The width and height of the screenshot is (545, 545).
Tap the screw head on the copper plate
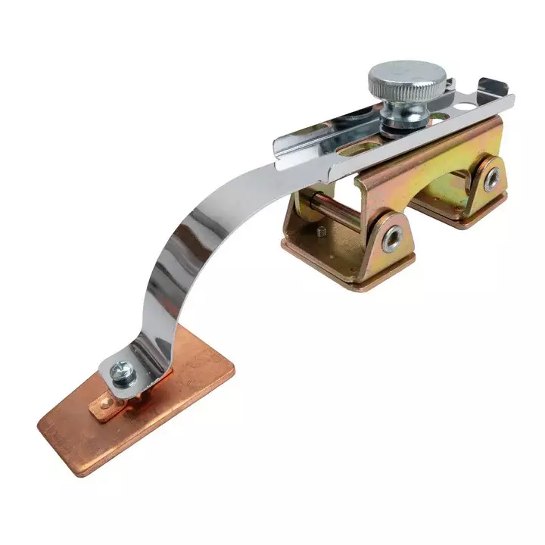[122, 371]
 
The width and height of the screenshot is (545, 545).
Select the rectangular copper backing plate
[136, 409]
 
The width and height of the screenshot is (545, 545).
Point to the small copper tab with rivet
[106, 410]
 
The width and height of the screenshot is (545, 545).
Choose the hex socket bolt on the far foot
[492, 179]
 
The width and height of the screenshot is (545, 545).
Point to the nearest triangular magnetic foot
[378, 242]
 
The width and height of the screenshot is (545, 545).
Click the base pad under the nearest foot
[348, 265]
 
